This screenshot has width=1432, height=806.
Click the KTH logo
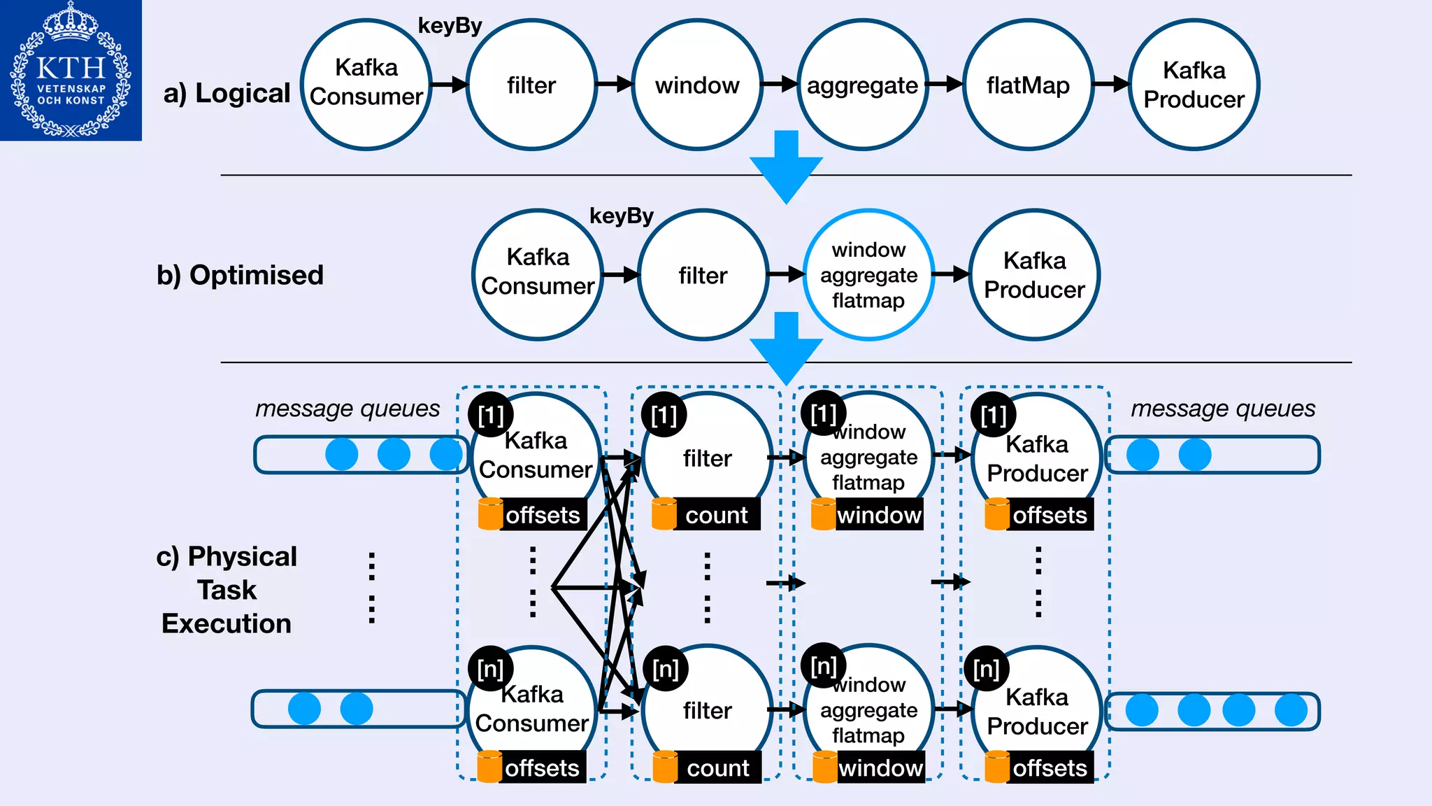click(71, 70)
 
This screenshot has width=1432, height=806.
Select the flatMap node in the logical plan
click(1028, 85)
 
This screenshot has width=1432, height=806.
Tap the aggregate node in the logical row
click(862, 85)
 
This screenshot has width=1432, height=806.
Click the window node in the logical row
click(697, 85)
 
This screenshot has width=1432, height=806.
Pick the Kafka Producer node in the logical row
click(1194, 85)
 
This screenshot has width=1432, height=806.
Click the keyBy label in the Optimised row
click(621, 215)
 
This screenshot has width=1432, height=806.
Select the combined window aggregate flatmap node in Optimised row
click(868, 275)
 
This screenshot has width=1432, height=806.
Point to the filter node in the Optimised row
click(703, 275)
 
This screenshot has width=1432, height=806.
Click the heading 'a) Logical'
click(227, 93)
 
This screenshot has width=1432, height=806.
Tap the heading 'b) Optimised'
click(240, 275)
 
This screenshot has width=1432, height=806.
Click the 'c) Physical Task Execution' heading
click(227, 590)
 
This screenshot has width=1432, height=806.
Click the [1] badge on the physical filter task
click(664, 416)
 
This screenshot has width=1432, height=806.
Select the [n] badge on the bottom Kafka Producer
click(986, 669)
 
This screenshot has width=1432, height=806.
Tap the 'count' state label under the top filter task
click(716, 515)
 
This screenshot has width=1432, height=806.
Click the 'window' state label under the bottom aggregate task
click(880, 768)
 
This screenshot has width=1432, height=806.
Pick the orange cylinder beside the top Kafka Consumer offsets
click(490, 514)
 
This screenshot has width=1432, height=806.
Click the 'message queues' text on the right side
click(1223, 408)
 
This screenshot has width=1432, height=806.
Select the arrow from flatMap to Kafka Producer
click(1111, 85)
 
